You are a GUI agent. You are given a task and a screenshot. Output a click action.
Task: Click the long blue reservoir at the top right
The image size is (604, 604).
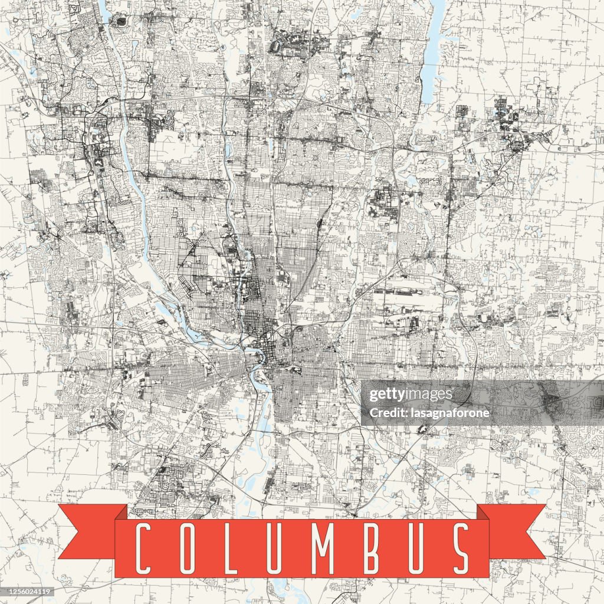pos(434,47)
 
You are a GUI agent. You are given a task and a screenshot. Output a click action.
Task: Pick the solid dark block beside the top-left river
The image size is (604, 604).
pos(121,22)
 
